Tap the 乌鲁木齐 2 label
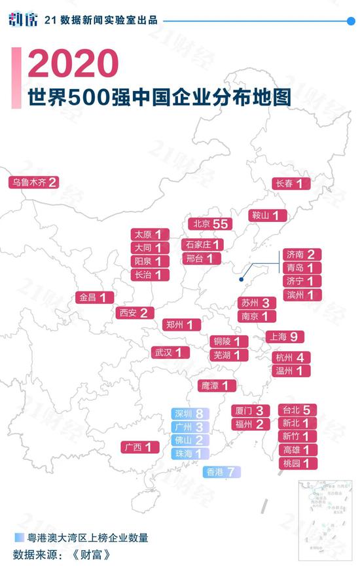click(33, 183)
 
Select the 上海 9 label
click(285, 337)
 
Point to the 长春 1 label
click(291, 184)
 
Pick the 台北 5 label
click(298, 410)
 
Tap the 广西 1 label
click(141, 448)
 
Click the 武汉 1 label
click(170, 352)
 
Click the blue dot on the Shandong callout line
click(241, 280)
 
